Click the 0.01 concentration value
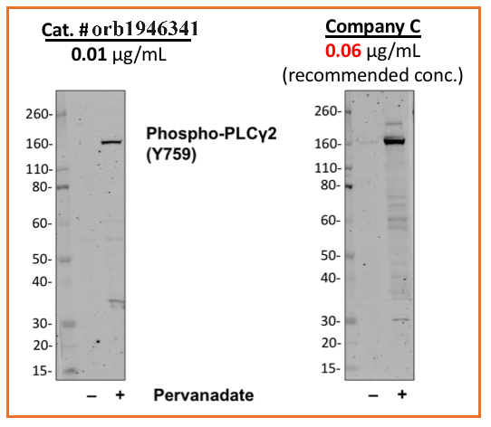[87, 54]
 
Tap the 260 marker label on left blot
[38, 114]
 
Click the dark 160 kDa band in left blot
[111, 142]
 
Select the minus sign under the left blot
[91, 396]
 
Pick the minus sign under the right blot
[373, 396]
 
